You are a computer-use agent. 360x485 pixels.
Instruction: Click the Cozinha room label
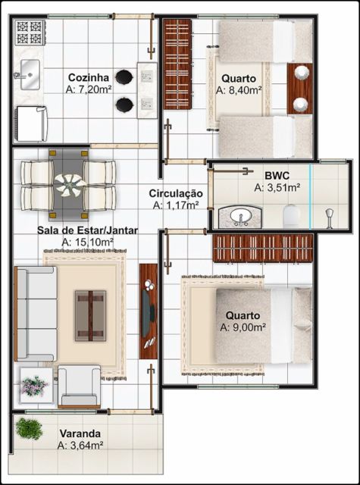(89, 77)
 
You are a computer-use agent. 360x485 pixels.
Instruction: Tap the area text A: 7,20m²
(89, 89)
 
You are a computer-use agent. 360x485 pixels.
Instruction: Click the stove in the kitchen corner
(29, 33)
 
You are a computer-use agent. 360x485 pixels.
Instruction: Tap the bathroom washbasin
(241, 217)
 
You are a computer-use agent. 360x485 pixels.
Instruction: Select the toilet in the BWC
(290, 217)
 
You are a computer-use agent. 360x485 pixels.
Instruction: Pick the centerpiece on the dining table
(70, 183)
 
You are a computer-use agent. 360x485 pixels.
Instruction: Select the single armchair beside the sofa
(79, 386)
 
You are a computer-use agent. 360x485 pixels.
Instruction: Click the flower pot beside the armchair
(34, 386)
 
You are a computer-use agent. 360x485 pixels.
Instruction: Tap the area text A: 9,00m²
(243, 327)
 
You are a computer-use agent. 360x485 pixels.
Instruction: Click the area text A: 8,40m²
(239, 89)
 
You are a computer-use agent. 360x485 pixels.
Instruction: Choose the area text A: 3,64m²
(80, 445)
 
